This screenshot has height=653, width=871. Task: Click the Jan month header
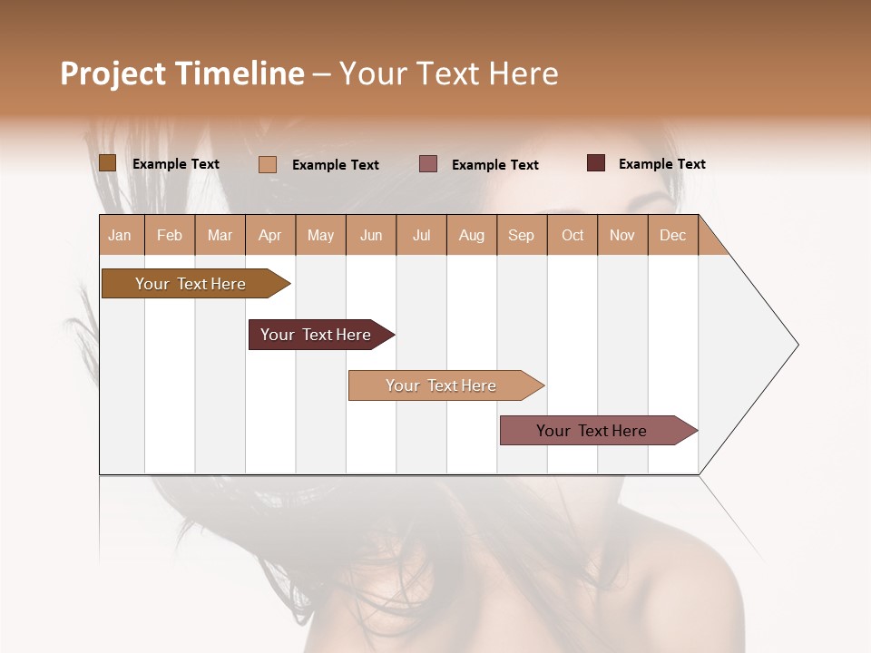pyautogui.click(x=121, y=235)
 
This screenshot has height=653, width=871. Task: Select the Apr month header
pyautogui.click(x=270, y=235)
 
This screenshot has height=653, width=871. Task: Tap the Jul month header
pyautogui.click(x=421, y=235)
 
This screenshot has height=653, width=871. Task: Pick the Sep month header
pyautogui.click(x=521, y=235)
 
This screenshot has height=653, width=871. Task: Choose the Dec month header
pyautogui.click(x=672, y=235)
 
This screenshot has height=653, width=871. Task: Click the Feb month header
pyautogui.click(x=170, y=235)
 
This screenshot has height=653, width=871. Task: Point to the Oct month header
pyautogui.click(x=573, y=235)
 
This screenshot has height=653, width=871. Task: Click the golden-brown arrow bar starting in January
pyautogui.click(x=191, y=284)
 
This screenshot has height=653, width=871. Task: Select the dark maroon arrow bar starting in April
pyautogui.click(x=317, y=335)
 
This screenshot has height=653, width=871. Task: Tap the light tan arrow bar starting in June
pyautogui.click(x=442, y=385)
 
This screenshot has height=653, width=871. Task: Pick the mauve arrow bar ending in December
pyautogui.click(x=592, y=431)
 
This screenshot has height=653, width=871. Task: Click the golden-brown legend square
pyautogui.click(x=107, y=163)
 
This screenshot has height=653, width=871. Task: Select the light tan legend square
pyautogui.click(x=268, y=164)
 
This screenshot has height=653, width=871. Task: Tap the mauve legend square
pyautogui.click(x=428, y=163)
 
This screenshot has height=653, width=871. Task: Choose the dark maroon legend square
pyautogui.click(x=596, y=163)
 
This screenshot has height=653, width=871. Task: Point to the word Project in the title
pyautogui.click(x=112, y=73)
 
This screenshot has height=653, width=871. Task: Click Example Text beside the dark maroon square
pyautogui.click(x=661, y=164)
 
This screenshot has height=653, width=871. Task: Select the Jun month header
pyautogui.click(x=371, y=235)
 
